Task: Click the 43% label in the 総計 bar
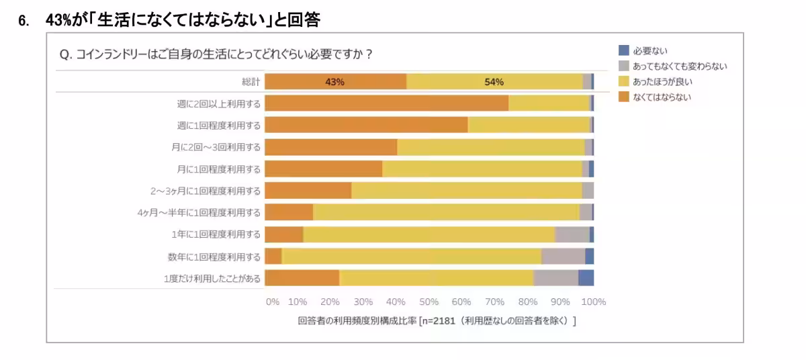[x=334, y=82]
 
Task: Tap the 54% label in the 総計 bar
[x=494, y=82]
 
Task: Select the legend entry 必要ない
[x=650, y=50]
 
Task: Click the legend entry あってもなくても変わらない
[x=679, y=66]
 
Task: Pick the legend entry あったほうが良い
[x=662, y=81]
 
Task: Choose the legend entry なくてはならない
[x=662, y=97]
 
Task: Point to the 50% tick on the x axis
[x=429, y=302]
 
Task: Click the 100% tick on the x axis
[x=593, y=302]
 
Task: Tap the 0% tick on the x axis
[x=272, y=302]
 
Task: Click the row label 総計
[x=251, y=82]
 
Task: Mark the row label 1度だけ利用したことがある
[x=212, y=278]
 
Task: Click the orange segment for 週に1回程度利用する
[x=366, y=125]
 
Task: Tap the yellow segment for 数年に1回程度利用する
[x=411, y=257]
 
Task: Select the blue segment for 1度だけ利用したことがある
[x=586, y=278]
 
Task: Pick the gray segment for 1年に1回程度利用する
[x=572, y=234]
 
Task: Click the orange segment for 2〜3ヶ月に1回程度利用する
[x=308, y=191]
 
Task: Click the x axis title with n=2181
[x=437, y=320]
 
